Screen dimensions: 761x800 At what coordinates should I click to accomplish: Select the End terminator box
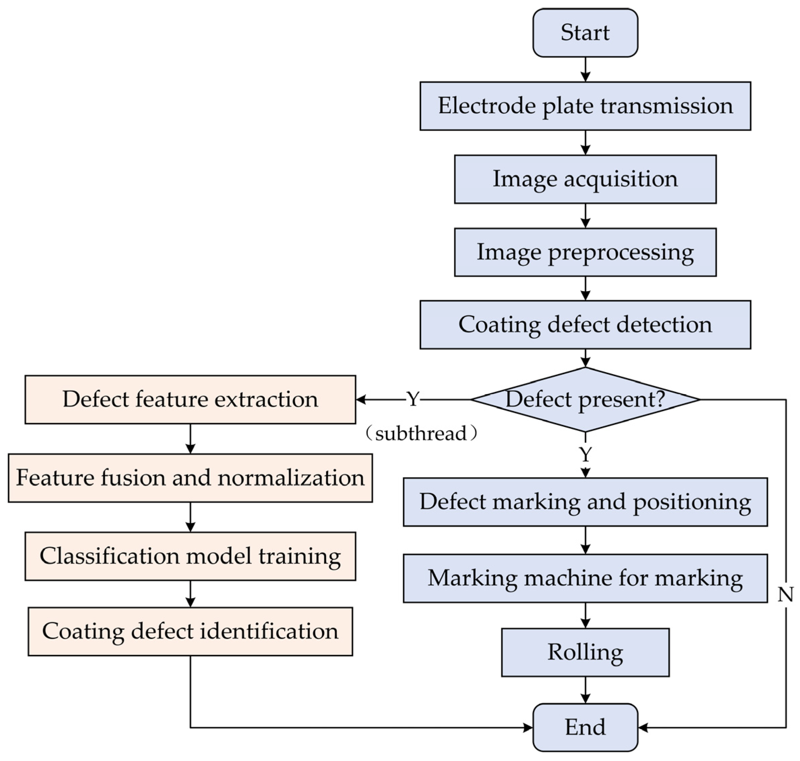[x=585, y=727]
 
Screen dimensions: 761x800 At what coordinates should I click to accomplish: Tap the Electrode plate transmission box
[x=585, y=106]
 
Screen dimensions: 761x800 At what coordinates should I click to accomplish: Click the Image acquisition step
[x=585, y=179]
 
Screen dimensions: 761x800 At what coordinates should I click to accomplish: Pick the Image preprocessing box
[x=585, y=252]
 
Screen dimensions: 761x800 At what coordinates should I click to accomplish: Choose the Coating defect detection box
[x=585, y=325]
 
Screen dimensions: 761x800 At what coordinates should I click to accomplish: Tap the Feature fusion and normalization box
[x=190, y=477]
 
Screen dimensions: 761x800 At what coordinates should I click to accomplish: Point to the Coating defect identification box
[x=190, y=631]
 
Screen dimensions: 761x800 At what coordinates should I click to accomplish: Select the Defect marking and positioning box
[x=585, y=502]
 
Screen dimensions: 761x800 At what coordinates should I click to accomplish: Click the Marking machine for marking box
[x=585, y=578]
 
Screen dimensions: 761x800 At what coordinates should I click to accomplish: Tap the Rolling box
[x=585, y=652]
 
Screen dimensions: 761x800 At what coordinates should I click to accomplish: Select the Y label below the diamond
[x=585, y=454]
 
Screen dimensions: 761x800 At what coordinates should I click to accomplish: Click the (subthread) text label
[x=420, y=434]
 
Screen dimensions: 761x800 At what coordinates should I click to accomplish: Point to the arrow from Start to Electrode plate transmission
[x=585, y=69]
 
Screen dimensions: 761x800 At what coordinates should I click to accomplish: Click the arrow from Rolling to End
[x=585, y=690]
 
